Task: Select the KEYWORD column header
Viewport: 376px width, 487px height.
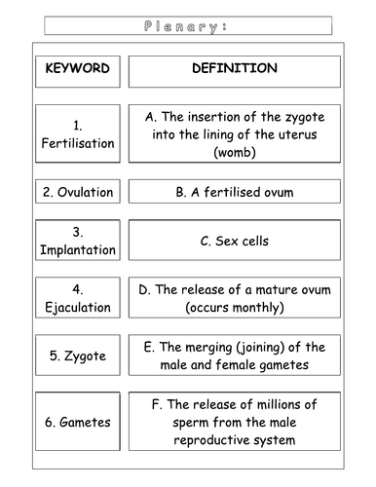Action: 77,69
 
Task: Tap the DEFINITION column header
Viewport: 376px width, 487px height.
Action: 234,69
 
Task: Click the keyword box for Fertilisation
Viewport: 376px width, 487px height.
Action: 77,134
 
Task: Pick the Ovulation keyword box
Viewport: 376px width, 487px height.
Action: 77,193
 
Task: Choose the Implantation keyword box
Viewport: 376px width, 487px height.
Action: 77,242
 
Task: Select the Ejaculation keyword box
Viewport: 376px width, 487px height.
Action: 77,299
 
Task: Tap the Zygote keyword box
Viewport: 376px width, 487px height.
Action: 77,356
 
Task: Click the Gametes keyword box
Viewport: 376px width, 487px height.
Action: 77,422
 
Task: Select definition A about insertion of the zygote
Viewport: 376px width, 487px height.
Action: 234,134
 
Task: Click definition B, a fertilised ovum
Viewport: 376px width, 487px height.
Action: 234,193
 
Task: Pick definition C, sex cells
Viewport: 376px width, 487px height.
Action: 234,242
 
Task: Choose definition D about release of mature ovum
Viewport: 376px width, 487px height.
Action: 234,299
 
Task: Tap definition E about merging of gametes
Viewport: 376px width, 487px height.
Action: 234,356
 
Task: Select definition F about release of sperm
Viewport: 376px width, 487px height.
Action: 234,422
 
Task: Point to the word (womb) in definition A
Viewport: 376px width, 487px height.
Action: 234,153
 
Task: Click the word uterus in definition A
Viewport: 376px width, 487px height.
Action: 281,134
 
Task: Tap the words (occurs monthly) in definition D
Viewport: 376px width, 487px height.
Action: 234,308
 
